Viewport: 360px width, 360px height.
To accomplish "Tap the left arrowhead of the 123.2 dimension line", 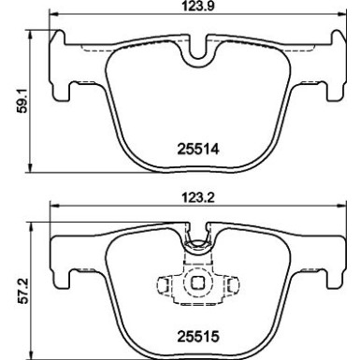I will tap(52, 209).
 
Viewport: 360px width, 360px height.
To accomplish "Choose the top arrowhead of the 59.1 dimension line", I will tap(36, 32).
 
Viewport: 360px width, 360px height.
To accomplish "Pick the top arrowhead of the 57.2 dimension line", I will tap(36, 224).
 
